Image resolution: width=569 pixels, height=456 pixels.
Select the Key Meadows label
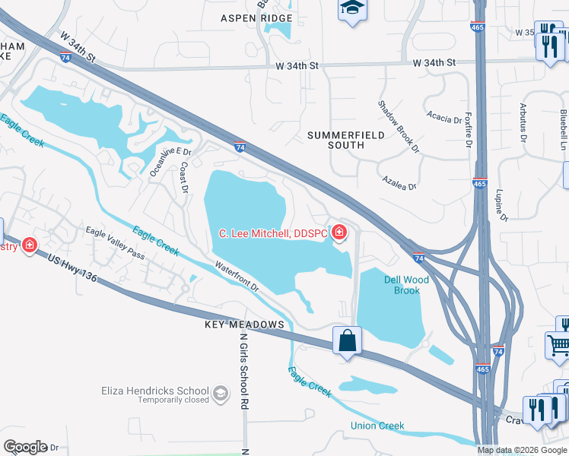click(244, 325)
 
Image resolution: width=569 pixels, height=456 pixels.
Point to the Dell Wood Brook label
click(406, 285)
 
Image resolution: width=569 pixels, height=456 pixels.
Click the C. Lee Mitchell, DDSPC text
click(272, 233)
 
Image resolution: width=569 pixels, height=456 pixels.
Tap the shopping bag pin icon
click(347, 341)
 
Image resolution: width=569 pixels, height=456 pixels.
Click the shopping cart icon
click(558, 347)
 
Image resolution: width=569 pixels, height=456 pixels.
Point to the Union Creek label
click(377, 426)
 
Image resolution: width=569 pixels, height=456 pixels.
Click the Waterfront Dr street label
click(237, 277)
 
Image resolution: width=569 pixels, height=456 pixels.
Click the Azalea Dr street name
click(400, 185)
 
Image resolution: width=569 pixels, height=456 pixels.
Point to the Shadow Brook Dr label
click(399, 126)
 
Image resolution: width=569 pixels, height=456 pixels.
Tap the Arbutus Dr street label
click(523, 122)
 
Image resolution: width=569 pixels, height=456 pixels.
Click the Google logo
click(25, 447)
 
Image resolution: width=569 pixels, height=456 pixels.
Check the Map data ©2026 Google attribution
click(521, 450)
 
